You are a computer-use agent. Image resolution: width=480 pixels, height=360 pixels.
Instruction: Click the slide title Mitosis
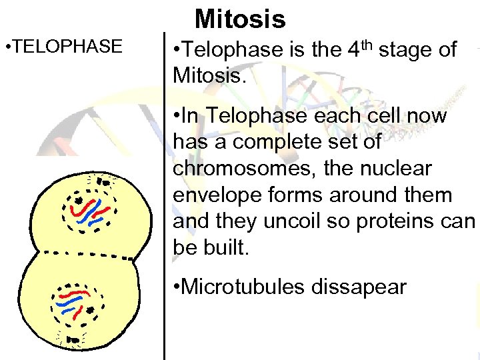(x=240, y=19)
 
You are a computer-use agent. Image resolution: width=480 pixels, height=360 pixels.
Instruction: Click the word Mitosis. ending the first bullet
(x=209, y=75)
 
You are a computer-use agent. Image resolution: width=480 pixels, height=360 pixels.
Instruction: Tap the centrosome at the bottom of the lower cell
(x=72, y=340)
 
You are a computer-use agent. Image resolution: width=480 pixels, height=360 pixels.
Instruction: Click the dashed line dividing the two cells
(x=80, y=254)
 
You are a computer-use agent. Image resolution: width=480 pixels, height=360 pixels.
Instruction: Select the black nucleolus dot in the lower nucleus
(x=89, y=309)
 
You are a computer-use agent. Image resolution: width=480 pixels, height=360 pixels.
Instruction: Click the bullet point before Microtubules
(x=175, y=287)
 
